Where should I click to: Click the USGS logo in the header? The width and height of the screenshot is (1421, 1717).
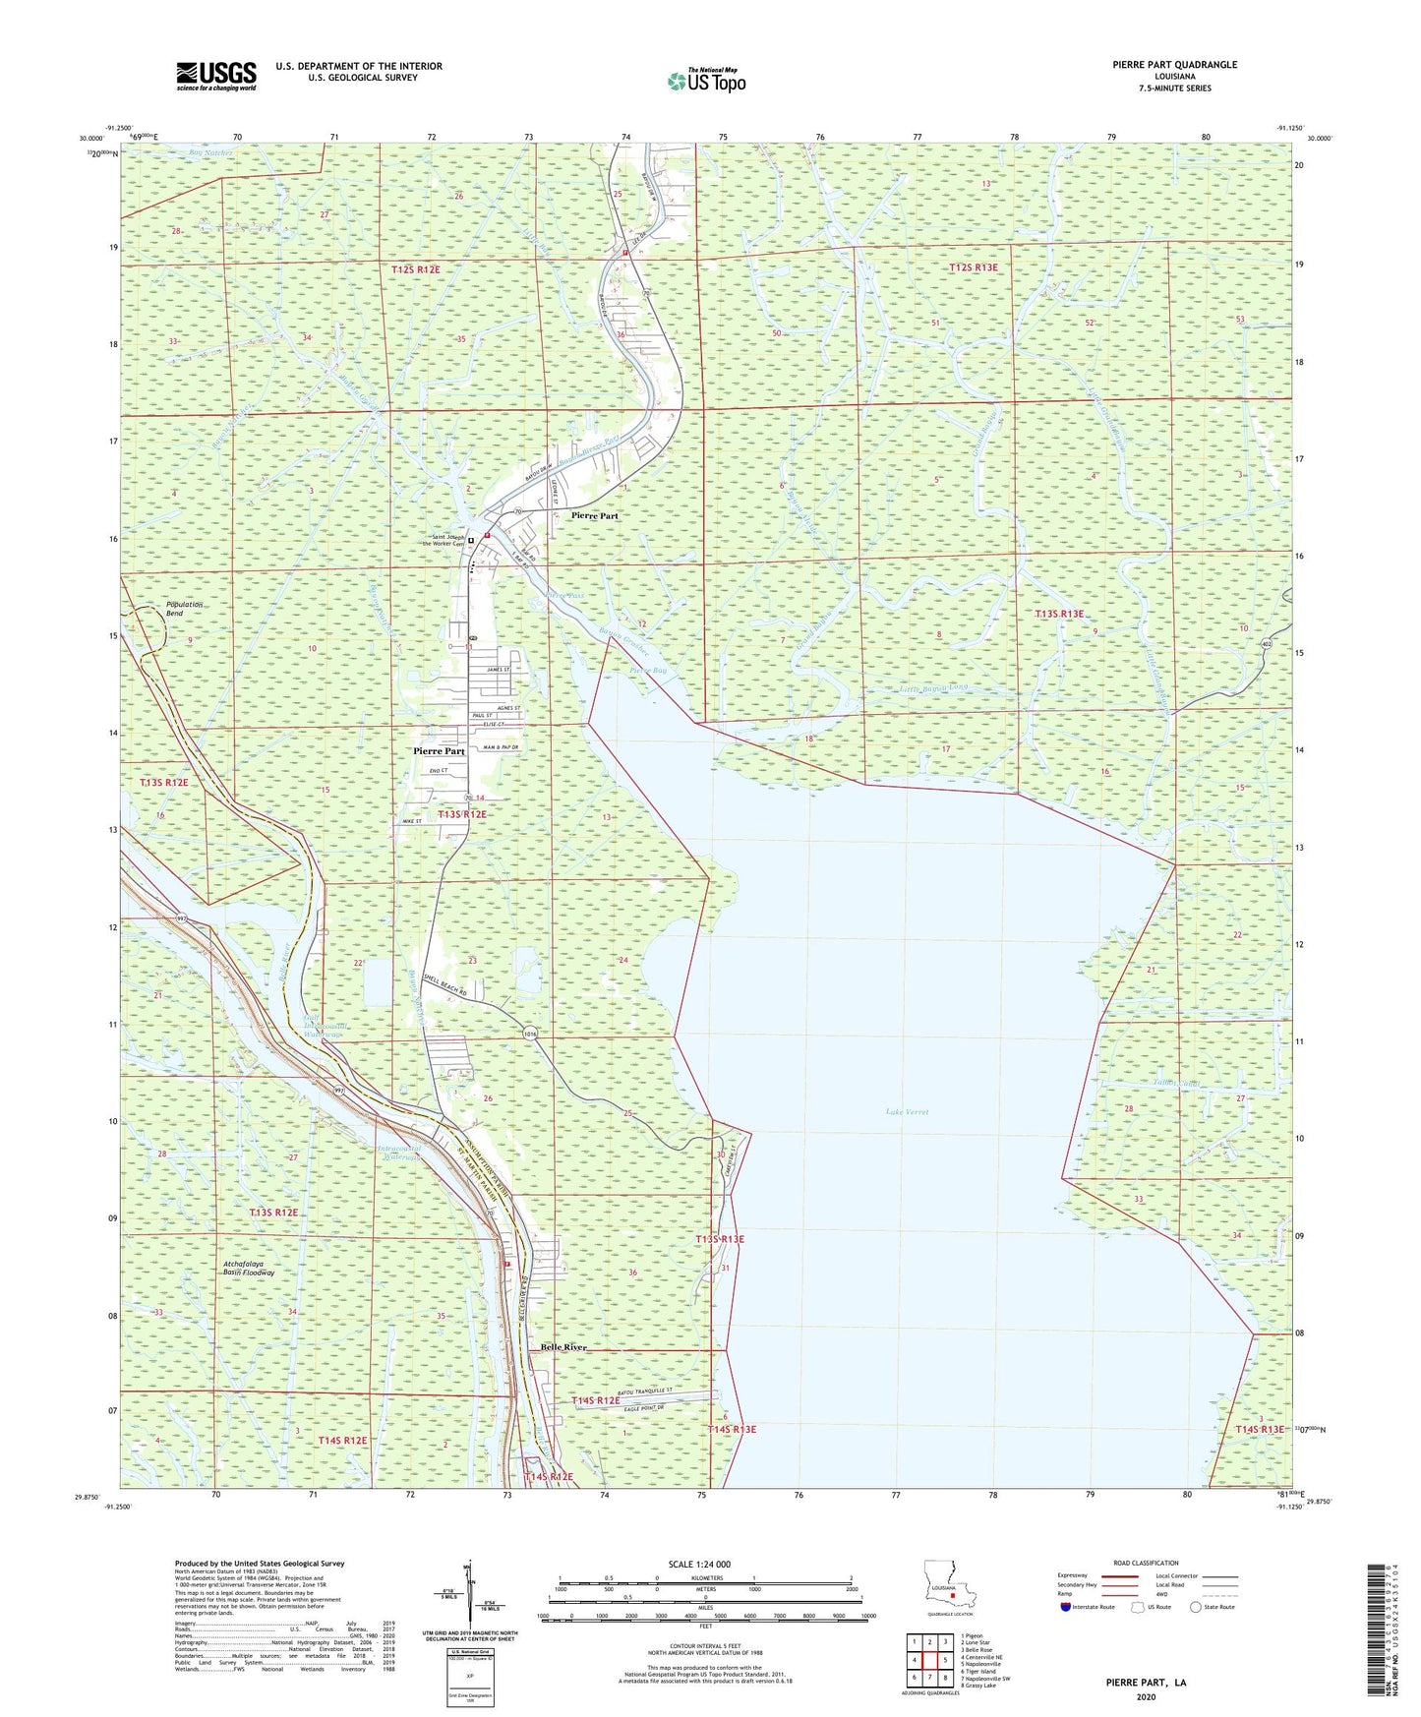[x=216, y=76]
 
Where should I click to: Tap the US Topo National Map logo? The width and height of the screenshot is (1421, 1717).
[x=706, y=81]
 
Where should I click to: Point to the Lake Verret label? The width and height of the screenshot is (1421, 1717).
[x=906, y=1112]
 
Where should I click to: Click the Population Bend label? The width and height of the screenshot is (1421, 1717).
[x=184, y=609]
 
